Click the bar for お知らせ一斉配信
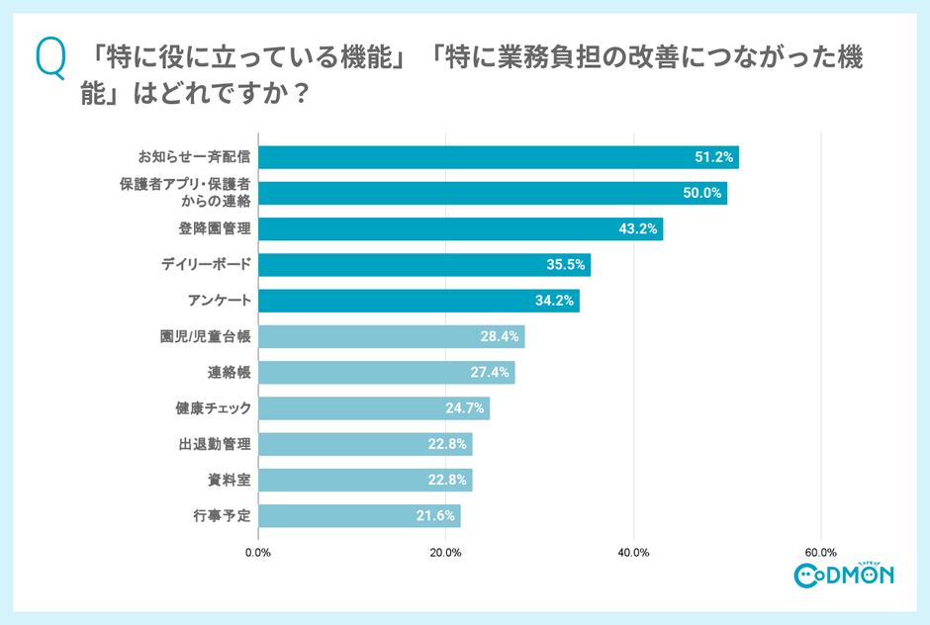(498, 157)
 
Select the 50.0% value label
(702, 193)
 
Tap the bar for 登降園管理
(460, 228)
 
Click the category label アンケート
(219, 301)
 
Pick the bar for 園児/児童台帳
(391, 336)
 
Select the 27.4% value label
(490, 373)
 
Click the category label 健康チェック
(212, 407)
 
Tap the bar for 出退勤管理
(364, 444)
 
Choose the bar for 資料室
(364, 480)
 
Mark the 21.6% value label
(435, 515)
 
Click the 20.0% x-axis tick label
(446, 552)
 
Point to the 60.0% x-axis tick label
(821, 552)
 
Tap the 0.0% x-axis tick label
(258, 552)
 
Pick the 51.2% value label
(714, 157)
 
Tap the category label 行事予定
(222, 515)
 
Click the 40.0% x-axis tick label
(633, 552)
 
